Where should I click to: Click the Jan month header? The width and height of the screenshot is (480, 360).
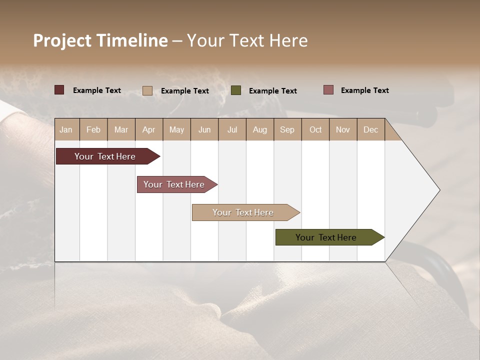(66, 129)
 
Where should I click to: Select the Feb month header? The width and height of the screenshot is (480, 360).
(93, 129)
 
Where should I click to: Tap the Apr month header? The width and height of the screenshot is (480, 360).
(148, 129)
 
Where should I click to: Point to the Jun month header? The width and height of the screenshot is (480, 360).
(204, 129)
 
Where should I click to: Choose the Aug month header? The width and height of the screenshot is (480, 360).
(259, 129)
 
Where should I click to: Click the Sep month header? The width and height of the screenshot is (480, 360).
(287, 129)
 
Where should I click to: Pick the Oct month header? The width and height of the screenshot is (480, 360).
(315, 129)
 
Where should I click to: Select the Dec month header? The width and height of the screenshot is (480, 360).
(370, 129)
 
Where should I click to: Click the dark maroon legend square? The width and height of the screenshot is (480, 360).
(59, 90)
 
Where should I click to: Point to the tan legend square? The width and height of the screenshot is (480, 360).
(147, 90)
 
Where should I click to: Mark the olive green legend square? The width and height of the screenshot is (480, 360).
(236, 90)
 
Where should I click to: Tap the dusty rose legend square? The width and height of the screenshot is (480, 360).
(328, 90)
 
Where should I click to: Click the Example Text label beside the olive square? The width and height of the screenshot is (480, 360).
(272, 91)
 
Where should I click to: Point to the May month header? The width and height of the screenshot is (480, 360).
(176, 129)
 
